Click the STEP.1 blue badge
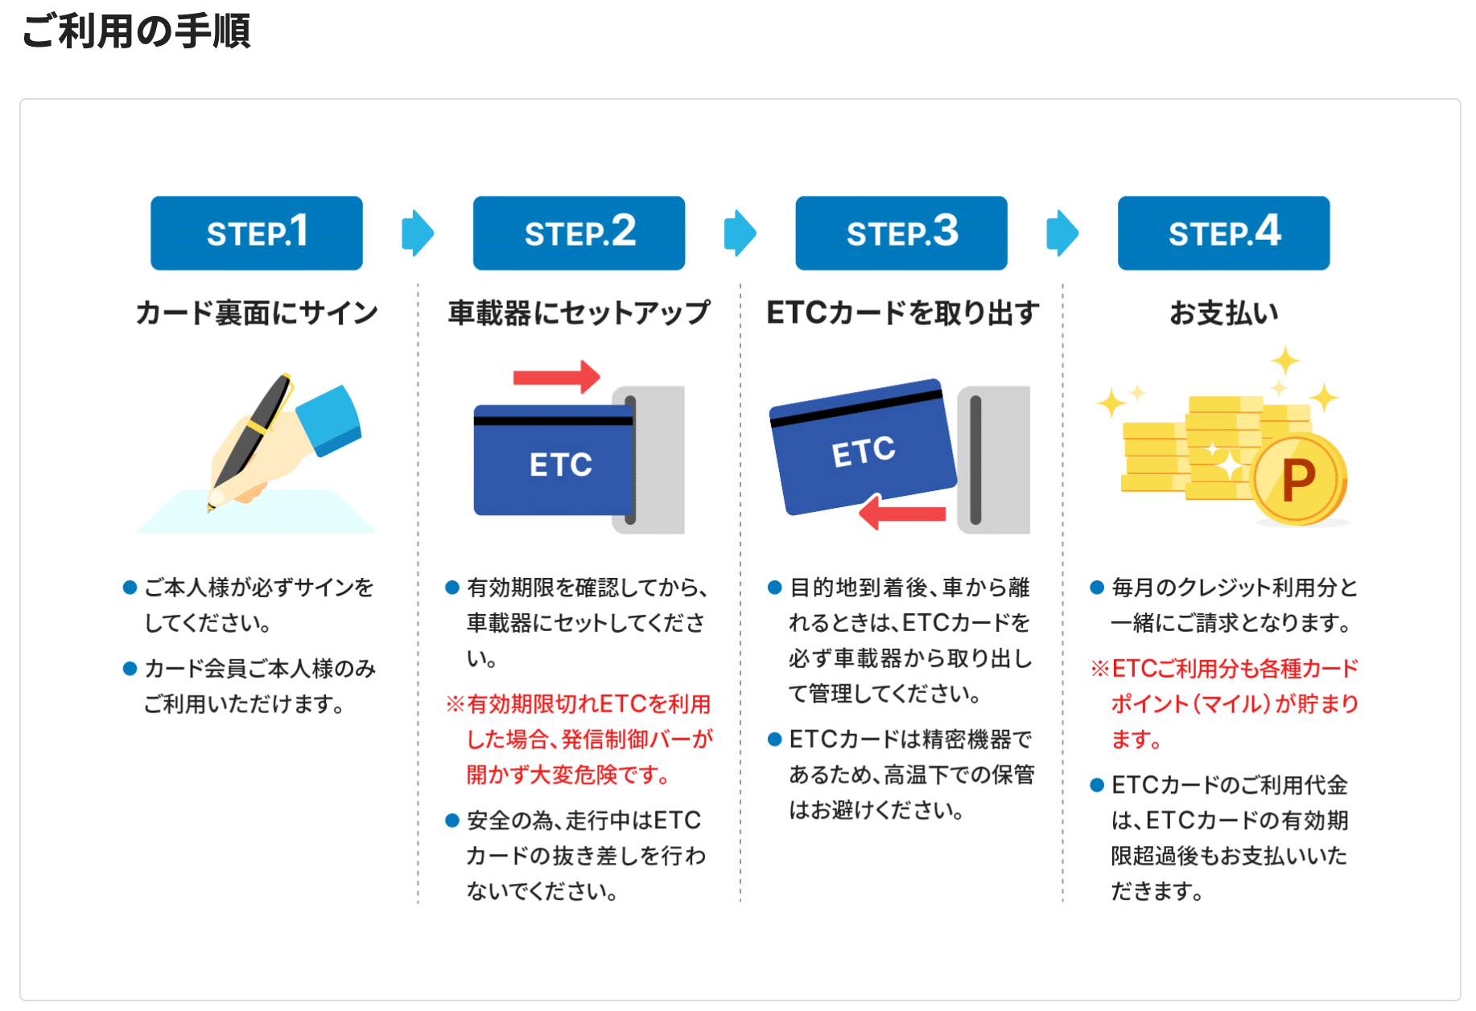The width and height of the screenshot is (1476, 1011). pyautogui.click(x=257, y=233)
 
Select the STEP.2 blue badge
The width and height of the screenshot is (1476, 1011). pyautogui.click(x=579, y=233)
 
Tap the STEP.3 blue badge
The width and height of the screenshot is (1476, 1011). pyautogui.click(x=901, y=233)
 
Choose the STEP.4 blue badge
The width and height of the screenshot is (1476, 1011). pyautogui.click(x=1223, y=233)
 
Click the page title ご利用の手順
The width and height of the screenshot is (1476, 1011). pyautogui.click(x=136, y=31)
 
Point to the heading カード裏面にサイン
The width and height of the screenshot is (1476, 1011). pyautogui.click(x=257, y=312)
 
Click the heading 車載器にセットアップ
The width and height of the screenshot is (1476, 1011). pyautogui.click(x=579, y=312)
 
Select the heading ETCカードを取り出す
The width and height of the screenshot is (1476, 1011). pyautogui.click(x=902, y=312)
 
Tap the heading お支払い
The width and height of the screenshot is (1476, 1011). pyautogui.click(x=1223, y=312)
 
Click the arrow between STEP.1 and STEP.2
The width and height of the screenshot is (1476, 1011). pyautogui.click(x=418, y=233)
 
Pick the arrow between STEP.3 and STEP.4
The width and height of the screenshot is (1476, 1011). pyautogui.click(x=1062, y=233)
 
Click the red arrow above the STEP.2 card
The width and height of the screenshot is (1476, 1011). pyautogui.click(x=556, y=377)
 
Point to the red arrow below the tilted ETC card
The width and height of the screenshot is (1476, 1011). pyautogui.click(x=902, y=513)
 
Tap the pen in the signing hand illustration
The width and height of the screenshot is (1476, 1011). pyautogui.click(x=249, y=440)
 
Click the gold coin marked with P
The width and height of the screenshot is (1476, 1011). pyautogui.click(x=1298, y=480)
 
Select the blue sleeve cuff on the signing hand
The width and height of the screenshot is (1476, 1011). pyautogui.click(x=329, y=419)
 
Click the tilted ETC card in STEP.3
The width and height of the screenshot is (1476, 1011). pyautogui.click(x=863, y=446)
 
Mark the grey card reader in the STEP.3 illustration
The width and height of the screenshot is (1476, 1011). pyautogui.click(x=993, y=460)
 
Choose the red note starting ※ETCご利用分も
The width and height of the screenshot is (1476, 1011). pyautogui.click(x=1224, y=704)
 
